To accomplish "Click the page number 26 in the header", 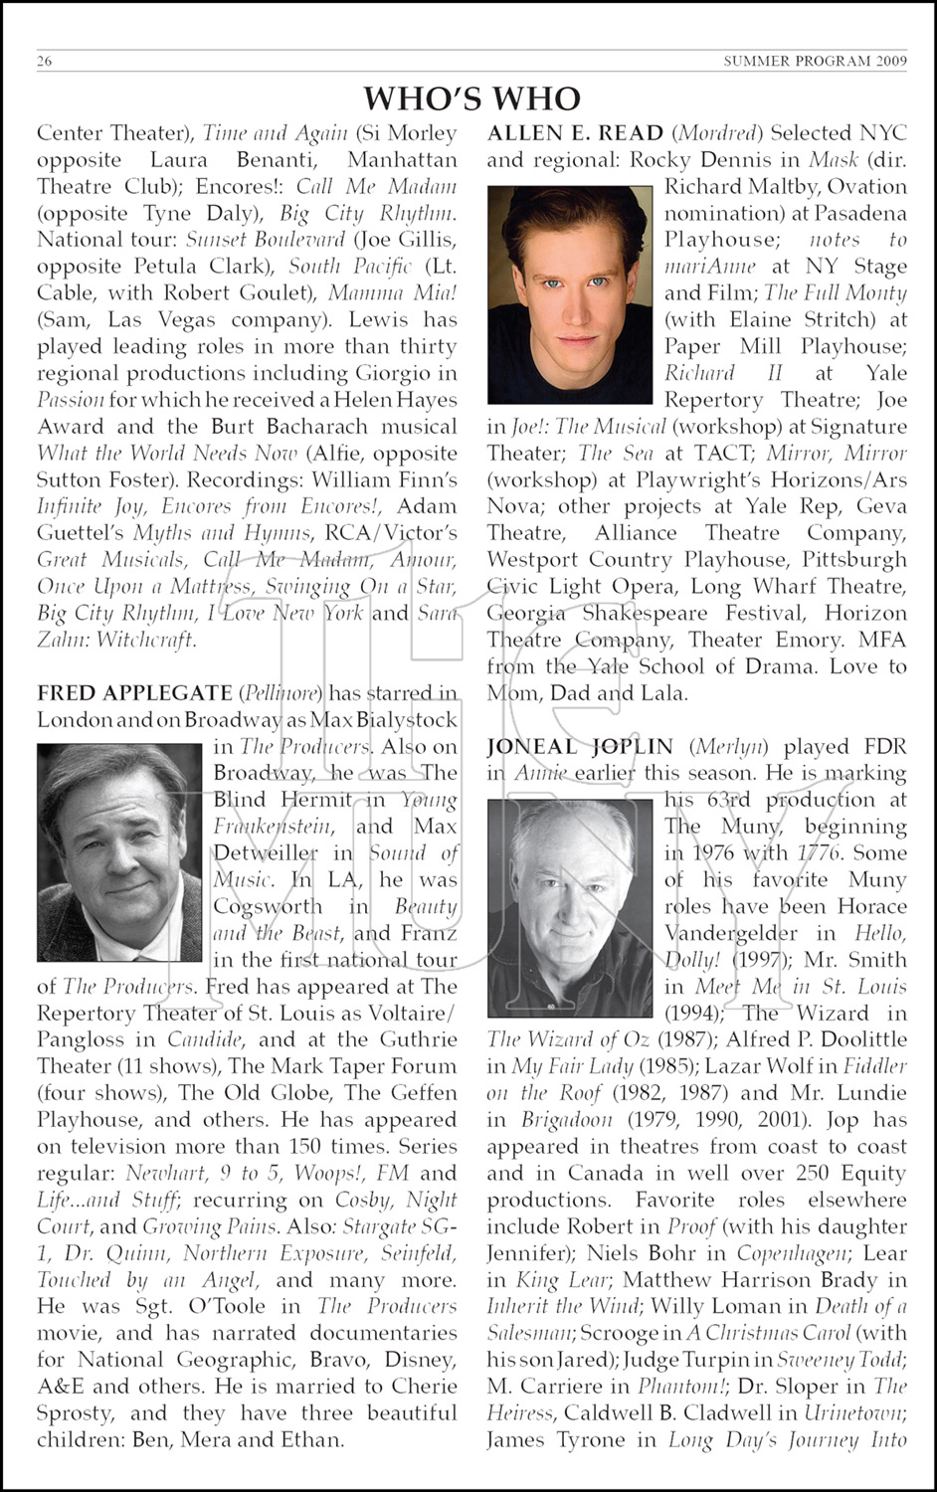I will pos(45,61).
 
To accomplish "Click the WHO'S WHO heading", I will pos(471,98).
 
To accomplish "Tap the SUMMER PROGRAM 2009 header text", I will pos(815,61).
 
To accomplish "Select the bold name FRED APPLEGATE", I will pos(134,693).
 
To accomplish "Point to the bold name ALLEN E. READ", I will pos(575,133).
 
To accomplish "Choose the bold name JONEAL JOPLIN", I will pos(580,747).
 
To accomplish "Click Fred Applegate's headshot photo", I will pos(119,852).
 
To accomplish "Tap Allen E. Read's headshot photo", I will pos(570,294).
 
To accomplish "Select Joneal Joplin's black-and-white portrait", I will pos(570,907).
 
